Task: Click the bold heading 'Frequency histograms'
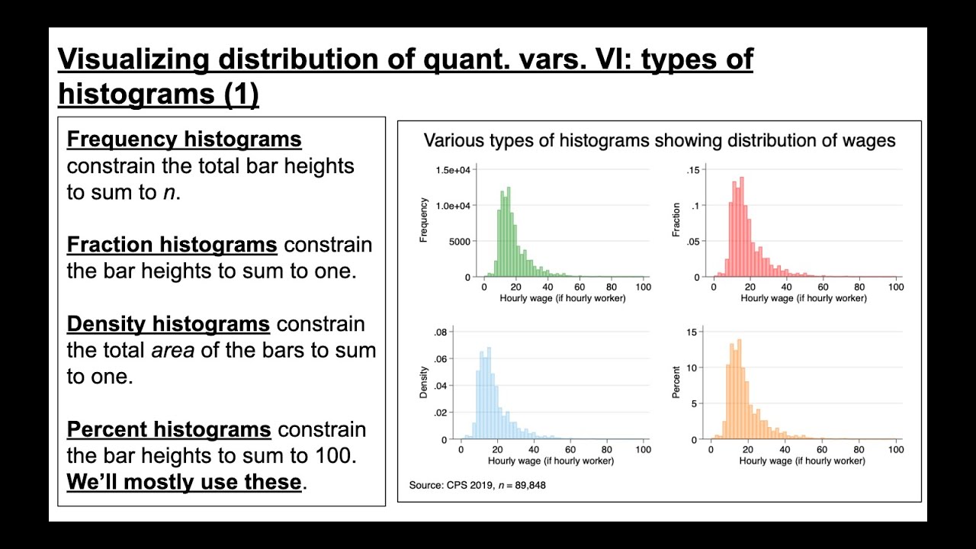pos(184,140)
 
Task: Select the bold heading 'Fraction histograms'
pos(172,245)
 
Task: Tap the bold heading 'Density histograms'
pos(168,324)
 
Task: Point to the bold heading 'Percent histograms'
pos(169,429)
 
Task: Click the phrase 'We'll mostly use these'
pos(184,482)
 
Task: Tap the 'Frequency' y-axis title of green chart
pos(424,220)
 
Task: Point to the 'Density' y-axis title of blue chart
pos(424,383)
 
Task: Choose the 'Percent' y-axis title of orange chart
pos(676,383)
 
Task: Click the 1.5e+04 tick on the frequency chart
pos(454,169)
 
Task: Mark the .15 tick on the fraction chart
pos(692,169)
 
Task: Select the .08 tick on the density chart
pos(441,332)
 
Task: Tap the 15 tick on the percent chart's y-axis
pos(692,332)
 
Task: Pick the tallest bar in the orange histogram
pos(740,389)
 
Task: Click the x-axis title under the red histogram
pos(804,298)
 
